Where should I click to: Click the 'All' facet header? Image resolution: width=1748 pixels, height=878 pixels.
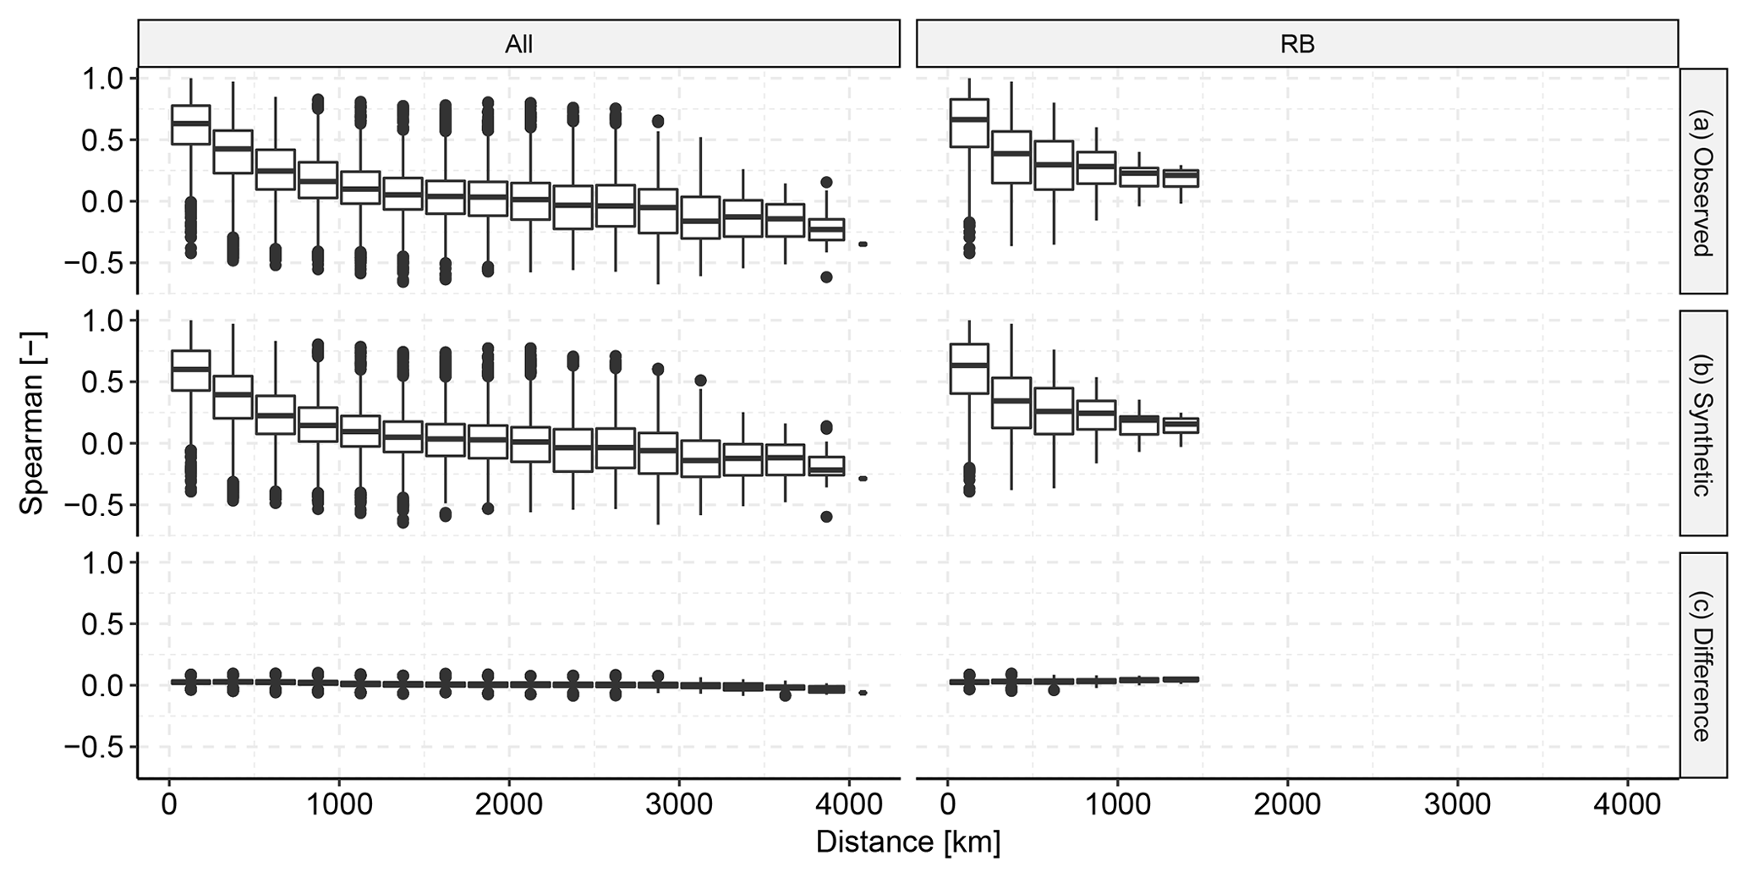click(x=518, y=44)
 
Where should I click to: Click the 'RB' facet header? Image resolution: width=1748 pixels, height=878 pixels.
click(x=1296, y=44)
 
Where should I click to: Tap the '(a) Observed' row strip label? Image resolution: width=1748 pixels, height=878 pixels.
click(x=1701, y=180)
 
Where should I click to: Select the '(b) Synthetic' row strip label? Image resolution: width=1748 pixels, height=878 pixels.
click(x=1701, y=422)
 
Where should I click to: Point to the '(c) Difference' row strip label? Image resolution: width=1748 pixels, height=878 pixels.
click(x=1701, y=665)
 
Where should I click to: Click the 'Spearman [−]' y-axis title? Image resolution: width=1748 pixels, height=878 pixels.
click(x=31, y=422)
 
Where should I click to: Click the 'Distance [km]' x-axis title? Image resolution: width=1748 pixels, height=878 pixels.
click(x=907, y=842)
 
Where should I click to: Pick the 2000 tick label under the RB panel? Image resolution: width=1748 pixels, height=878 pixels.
click(x=1287, y=804)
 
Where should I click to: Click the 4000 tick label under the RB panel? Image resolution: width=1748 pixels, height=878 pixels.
click(x=1627, y=804)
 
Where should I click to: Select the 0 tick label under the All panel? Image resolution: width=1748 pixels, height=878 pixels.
click(x=169, y=804)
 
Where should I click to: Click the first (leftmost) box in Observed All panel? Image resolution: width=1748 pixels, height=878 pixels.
click(x=190, y=124)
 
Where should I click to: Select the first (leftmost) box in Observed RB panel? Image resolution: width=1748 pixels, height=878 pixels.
click(x=969, y=123)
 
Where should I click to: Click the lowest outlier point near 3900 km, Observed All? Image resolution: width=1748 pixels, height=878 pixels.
click(x=826, y=277)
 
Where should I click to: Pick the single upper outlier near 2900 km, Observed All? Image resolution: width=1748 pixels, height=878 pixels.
click(x=657, y=121)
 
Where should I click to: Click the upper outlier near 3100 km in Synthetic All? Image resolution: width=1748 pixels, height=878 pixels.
click(x=700, y=381)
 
